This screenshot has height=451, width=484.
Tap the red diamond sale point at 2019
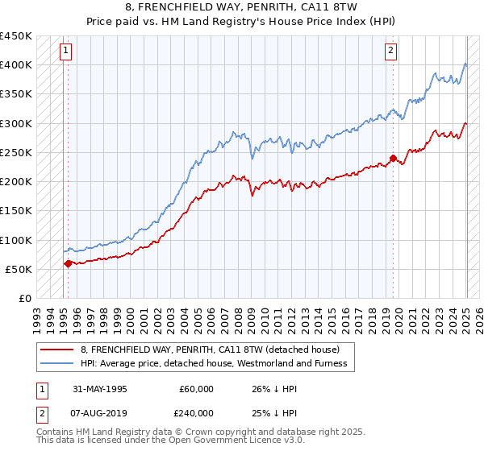click(x=393, y=159)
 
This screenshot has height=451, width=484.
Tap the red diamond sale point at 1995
click(x=68, y=263)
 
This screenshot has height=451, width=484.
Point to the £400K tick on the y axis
click(x=16, y=65)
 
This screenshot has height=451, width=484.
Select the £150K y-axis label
click(x=16, y=211)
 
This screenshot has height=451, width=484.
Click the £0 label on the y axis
click(x=24, y=298)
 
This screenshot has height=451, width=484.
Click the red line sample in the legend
click(x=56, y=350)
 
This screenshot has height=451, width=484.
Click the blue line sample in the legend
click(x=56, y=363)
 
